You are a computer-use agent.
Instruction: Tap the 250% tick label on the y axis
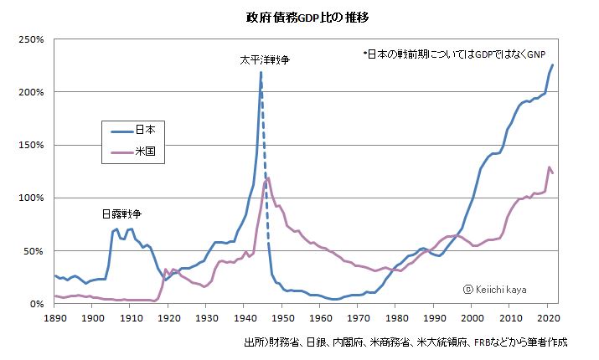32,39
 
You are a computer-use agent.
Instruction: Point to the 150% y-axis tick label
32,146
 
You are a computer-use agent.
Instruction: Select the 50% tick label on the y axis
35,251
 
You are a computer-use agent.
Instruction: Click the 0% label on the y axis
38,304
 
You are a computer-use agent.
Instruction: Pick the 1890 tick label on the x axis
54,319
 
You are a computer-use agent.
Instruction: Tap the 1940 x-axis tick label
244,319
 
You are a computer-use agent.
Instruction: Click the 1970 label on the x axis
358,319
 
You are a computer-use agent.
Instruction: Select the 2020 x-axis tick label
547,319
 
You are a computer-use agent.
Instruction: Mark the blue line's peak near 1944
261,73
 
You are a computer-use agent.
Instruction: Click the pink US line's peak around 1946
268,177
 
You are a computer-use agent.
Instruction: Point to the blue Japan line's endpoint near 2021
552,65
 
